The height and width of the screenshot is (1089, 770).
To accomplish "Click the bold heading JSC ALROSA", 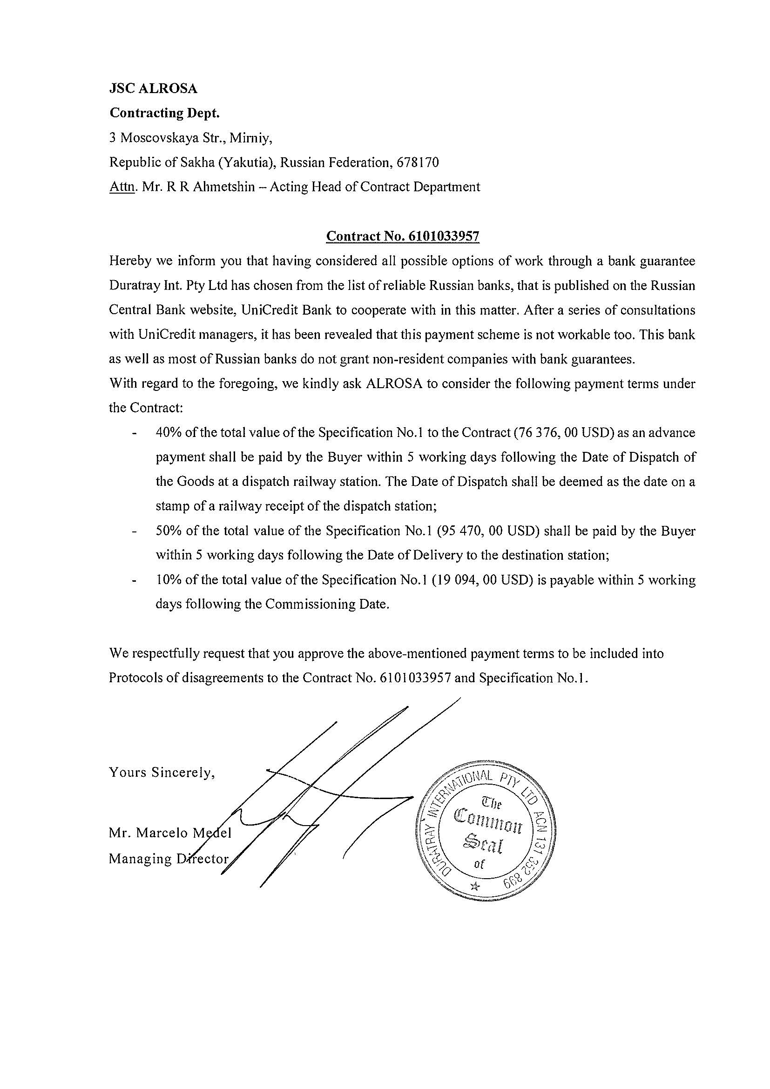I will point(153,89).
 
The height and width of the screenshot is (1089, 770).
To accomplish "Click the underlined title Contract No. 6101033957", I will point(403,236).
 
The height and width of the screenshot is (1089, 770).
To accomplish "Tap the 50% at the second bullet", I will point(169,531).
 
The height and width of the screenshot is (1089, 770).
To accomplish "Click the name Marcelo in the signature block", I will point(162,834).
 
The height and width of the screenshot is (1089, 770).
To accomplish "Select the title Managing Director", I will point(169,859).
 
